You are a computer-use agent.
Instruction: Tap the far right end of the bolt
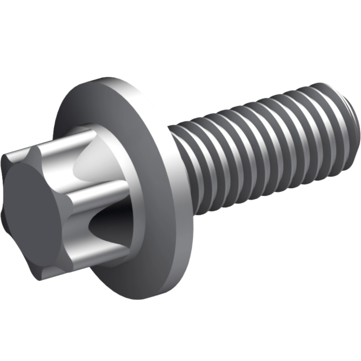357,121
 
